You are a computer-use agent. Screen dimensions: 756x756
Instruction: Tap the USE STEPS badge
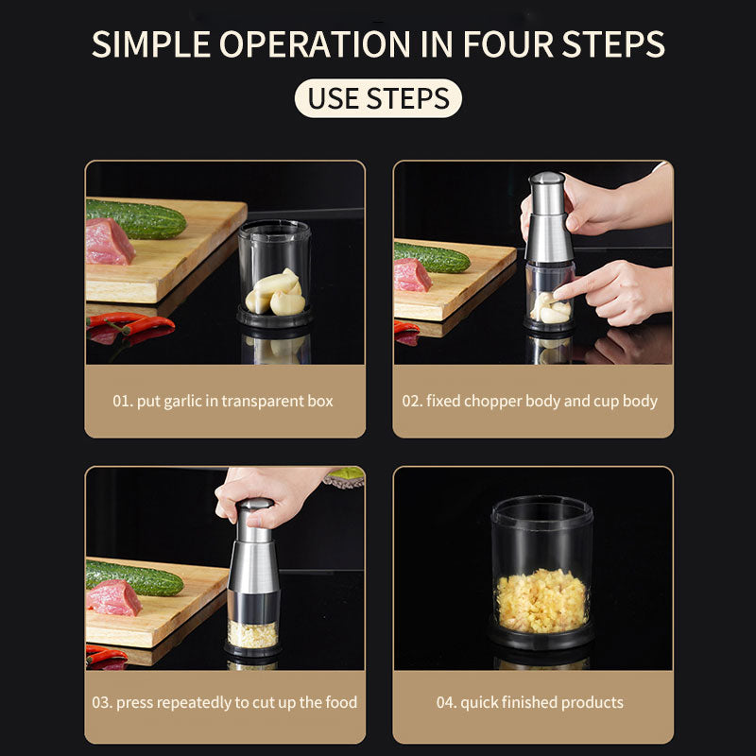(378, 98)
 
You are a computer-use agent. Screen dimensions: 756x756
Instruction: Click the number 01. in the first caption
(123, 401)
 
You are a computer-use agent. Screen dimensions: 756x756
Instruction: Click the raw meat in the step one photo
(110, 242)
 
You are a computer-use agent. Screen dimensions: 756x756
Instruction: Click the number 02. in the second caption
(412, 401)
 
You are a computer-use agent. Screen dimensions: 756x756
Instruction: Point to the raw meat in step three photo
(112, 597)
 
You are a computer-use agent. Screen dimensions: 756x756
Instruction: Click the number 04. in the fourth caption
(447, 702)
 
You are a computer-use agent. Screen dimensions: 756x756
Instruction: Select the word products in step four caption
(592, 702)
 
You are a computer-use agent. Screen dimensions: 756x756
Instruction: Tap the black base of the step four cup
(541, 637)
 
